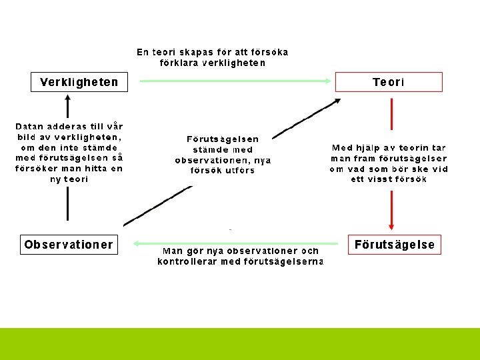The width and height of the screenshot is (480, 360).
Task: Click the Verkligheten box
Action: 79,82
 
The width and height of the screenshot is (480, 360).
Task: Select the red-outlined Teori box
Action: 388,82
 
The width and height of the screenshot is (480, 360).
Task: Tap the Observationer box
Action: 69,245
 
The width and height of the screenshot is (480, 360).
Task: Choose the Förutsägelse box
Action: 394,245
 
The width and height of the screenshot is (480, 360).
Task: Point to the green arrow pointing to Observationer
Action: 233,243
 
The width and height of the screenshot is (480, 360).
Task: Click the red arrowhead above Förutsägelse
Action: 391,225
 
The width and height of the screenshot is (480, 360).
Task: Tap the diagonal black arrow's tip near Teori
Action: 337,101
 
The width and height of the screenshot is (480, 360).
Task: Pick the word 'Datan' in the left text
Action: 31,125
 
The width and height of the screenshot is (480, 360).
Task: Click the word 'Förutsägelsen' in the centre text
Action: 223,139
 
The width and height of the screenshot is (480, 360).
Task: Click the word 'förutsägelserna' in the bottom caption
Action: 288,262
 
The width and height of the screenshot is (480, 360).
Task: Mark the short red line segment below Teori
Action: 391,113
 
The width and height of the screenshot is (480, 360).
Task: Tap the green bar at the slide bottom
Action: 240,343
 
